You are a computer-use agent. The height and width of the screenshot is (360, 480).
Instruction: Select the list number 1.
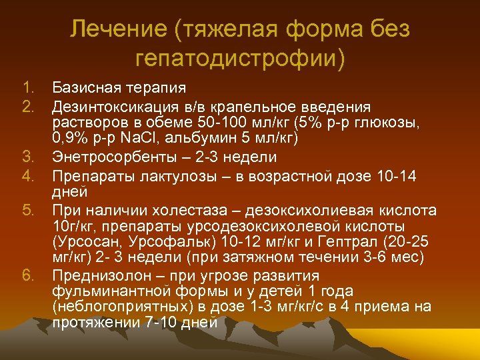pos(27,88)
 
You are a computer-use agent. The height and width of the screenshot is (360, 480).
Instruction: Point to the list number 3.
pos(27,157)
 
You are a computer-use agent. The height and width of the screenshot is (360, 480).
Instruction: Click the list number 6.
pos(27,275)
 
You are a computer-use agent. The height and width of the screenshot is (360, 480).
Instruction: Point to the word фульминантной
pos(107,291)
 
